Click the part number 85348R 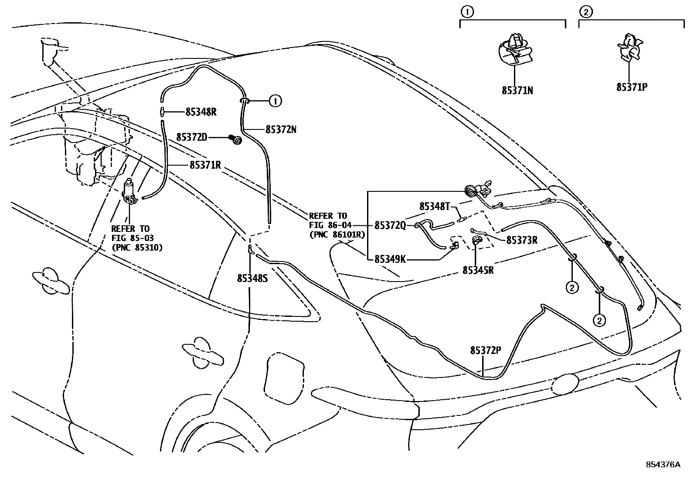pyautogui.click(x=201, y=112)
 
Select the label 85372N pyautogui.click(x=281, y=129)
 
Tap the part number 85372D pyautogui.click(x=191, y=137)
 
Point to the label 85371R pyautogui.click(x=205, y=165)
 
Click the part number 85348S pyautogui.click(x=252, y=279)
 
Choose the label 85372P pyautogui.click(x=486, y=350)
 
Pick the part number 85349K pyautogui.click(x=390, y=259)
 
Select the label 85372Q pyautogui.click(x=390, y=225)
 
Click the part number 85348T pyautogui.click(x=434, y=206)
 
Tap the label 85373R pyautogui.click(x=522, y=240)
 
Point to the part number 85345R pyautogui.click(x=478, y=270)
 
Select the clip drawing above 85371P pyautogui.click(x=630, y=48)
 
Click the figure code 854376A pyautogui.click(x=663, y=465)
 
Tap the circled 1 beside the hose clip pyautogui.click(x=275, y=101)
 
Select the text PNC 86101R pyautogui.click(x=337, y=234)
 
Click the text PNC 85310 pyautogui.click(x=136, y=248)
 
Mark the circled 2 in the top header pyautogui.click(x=585, y=12)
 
